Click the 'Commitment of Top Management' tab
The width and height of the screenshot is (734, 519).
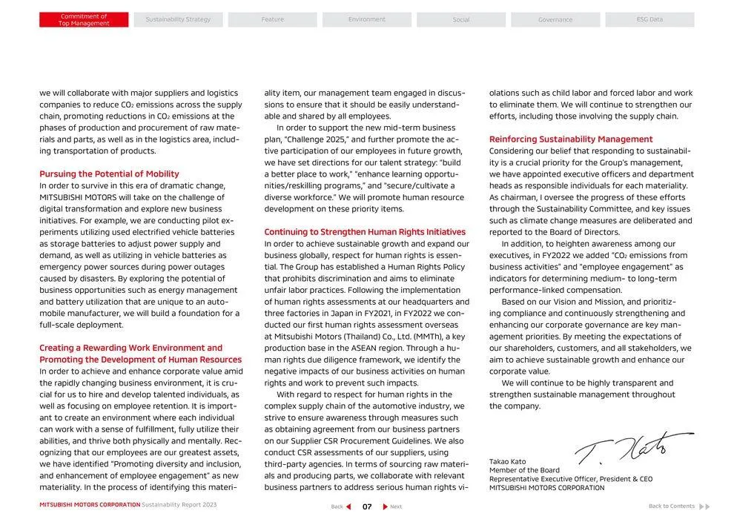click(x=84, y=20)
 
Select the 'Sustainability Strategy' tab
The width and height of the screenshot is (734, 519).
click(x=178, y=20)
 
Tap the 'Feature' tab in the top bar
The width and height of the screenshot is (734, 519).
click(x=272, y=20)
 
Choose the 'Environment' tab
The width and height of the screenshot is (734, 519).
click(x=367, y=20)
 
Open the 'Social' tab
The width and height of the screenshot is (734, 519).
click(x=461, y=20)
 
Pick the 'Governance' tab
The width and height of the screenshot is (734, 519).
click(x=555, y=20)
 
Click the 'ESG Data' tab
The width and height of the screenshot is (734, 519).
click(x=649, y=20)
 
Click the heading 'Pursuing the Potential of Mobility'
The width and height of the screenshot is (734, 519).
click(x=109, y=174)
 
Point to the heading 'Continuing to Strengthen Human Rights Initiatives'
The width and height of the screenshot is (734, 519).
click(x=365, y=232)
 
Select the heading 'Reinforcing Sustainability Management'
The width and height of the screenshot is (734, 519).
click(x=571, y=139)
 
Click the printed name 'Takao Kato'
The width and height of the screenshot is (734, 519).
click(x=508, y=462)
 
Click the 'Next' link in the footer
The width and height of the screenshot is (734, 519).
click(x=392, y=506)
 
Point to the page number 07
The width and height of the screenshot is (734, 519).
click(x=367, y=506)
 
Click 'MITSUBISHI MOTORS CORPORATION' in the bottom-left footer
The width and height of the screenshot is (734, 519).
click(x=90, y=505)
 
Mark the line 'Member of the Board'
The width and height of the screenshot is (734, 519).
click(x=524, y=470)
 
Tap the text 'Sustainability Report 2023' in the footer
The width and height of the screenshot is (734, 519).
click(x=179, y=505)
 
